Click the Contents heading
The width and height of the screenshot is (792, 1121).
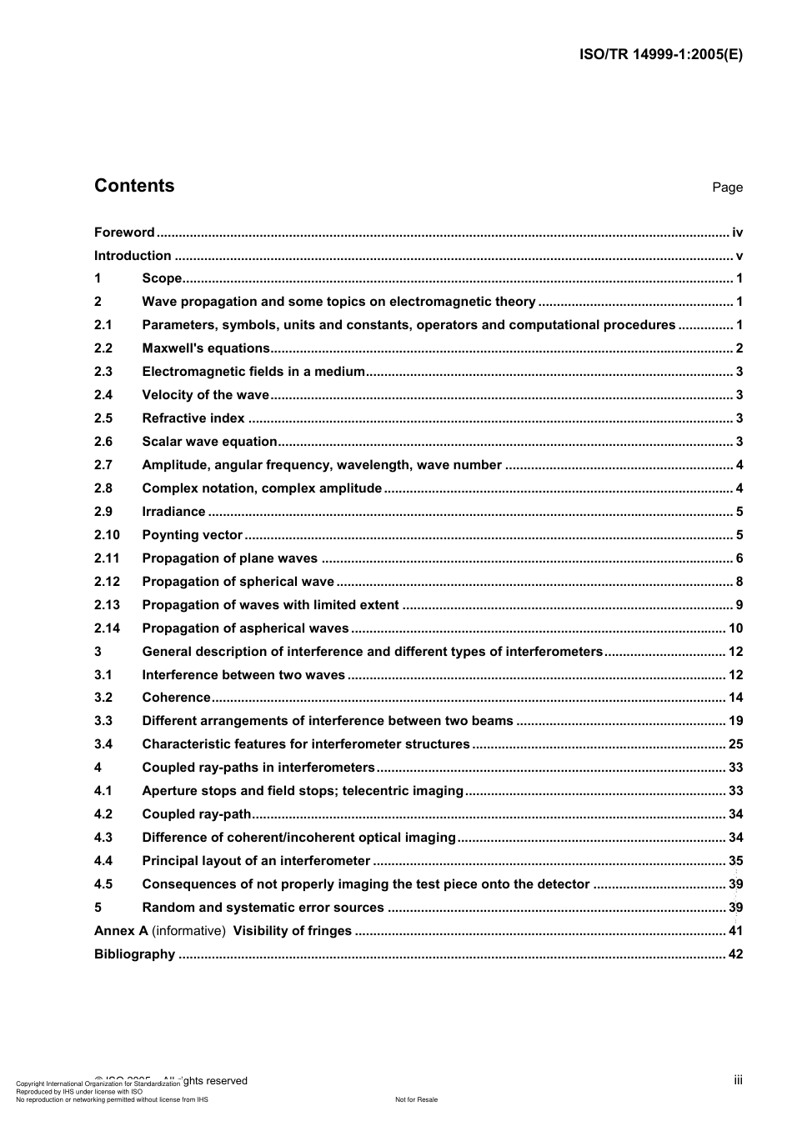coord(134,186)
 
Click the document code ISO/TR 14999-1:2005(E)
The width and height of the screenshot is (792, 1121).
coord(660,55)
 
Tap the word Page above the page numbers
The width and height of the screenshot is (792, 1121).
coord(727,188)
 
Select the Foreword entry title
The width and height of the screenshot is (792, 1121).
coord(124,233)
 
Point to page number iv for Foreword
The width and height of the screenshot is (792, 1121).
coord(737,233)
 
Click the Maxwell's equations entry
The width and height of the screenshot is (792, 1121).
coord(206,348)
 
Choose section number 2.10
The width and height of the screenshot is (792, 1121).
coord(107,535)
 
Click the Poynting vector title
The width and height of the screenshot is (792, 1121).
coord(192,535)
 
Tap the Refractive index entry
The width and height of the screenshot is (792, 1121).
coord(193,418)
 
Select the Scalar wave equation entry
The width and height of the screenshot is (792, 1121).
coord(209,442)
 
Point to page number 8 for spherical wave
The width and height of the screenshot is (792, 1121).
coord(739,582)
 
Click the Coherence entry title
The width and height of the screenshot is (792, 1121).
coord(176,698)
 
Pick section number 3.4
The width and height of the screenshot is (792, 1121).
coord(103,744)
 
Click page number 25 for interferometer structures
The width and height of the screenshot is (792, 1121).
coord(735,744)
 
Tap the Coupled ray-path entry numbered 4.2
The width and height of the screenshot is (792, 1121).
coord(196,814)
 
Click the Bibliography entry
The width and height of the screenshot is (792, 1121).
coord(134,954)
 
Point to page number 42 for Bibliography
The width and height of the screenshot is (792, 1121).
coord(735,954)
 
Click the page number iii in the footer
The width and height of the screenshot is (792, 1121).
coord(738,1080)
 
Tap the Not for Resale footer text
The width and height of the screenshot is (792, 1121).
coord(416,1099)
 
